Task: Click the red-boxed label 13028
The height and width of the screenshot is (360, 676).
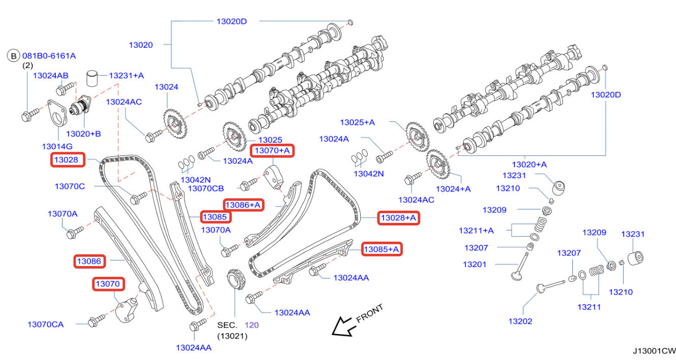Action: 68,159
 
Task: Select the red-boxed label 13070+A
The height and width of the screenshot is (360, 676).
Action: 272,150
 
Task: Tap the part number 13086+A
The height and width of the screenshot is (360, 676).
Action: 243,205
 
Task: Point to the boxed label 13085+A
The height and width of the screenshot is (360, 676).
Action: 381,249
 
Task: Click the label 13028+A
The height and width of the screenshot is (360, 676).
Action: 398,218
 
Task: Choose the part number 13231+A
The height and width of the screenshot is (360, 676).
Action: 126,76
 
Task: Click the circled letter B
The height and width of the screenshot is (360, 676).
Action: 14,56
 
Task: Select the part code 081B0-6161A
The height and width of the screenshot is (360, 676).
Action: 49,56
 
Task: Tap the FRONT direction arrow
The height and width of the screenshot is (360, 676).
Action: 342,326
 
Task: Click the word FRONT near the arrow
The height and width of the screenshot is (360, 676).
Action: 370,313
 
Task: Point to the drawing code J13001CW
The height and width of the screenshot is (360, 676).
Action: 654,351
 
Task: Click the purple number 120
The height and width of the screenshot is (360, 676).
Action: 252,325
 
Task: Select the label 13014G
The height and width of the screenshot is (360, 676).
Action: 57,146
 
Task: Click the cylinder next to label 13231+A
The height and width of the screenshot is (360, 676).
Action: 92,78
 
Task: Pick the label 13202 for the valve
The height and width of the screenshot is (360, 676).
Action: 520,321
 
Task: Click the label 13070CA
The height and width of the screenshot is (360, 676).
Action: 46,324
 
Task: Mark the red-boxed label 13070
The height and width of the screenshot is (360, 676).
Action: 108,284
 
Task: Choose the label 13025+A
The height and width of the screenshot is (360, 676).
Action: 358,122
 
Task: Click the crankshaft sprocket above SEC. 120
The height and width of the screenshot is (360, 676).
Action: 235,279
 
